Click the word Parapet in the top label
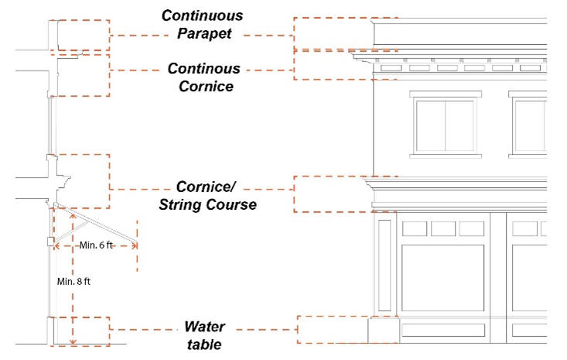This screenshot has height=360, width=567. point(204,34)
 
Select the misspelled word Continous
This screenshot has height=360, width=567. point(204,69)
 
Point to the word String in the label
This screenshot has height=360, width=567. point(186,205)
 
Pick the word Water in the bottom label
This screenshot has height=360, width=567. point(204,326)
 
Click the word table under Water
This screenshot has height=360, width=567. point(204,344)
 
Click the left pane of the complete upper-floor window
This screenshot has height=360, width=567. point(431,126)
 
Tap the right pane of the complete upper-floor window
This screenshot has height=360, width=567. point(460,126)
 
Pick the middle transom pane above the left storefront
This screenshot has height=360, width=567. point(443,228)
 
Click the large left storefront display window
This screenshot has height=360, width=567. point(443,279)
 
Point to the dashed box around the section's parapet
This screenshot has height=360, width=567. point(80,36)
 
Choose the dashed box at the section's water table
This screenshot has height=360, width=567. point(80,331)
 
